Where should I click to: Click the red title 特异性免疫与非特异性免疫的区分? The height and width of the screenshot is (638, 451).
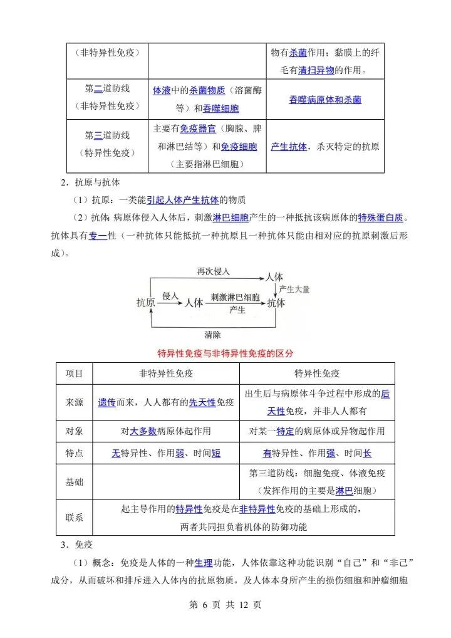[225, 353]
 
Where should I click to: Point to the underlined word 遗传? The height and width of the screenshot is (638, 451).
[106, 402]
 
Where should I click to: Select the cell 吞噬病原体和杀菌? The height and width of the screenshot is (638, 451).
[325, 99]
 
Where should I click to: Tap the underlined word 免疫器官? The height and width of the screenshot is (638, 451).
[198, 128]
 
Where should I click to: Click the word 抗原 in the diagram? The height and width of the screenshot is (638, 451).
[146, 302]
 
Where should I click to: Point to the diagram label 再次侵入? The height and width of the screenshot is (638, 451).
[214, 271]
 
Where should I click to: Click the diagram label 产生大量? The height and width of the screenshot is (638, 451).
[294, 289]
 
